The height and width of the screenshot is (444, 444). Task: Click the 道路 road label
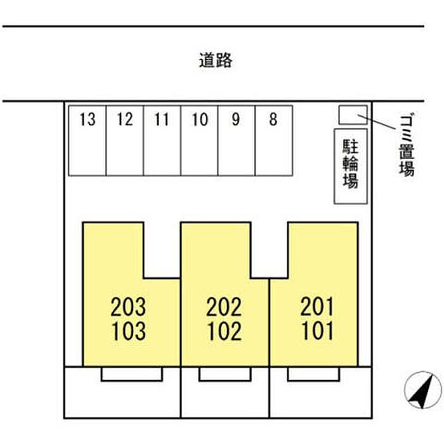pyautogui.click(x=216, y=61)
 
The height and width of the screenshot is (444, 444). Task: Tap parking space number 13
pyautogui.click(x=88, y=140)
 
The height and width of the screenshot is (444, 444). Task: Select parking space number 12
pyautogui.click(x=125, y=140)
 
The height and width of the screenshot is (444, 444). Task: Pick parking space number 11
pyautogui.click(x=162, y=140)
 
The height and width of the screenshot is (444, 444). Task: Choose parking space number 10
pyautogui.click(x=200, y=140)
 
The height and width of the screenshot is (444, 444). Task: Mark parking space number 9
pyautogui.click(x=237, y=140)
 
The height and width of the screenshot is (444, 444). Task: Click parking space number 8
pyautogui.click(x=273, y=140)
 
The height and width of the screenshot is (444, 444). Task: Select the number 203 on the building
pyautogui.click(x=128, y=308)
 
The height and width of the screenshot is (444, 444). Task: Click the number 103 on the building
pyautogui.click(x=128, y=331)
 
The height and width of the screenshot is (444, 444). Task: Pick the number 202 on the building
pyautogui.click(x=224, y=308)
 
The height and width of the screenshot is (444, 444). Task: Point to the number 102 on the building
pyautogui.click(x=224, y=331)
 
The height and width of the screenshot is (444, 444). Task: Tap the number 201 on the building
pyautogui.click(x=316, y=308)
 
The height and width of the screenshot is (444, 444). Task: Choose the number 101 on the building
pyautogui.click(x=316, y=331)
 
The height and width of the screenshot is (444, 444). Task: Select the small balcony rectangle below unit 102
pyautogui.click(x=224, y=374)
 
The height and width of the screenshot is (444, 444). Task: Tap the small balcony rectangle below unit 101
pyautogui.click(x=312, y=374)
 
